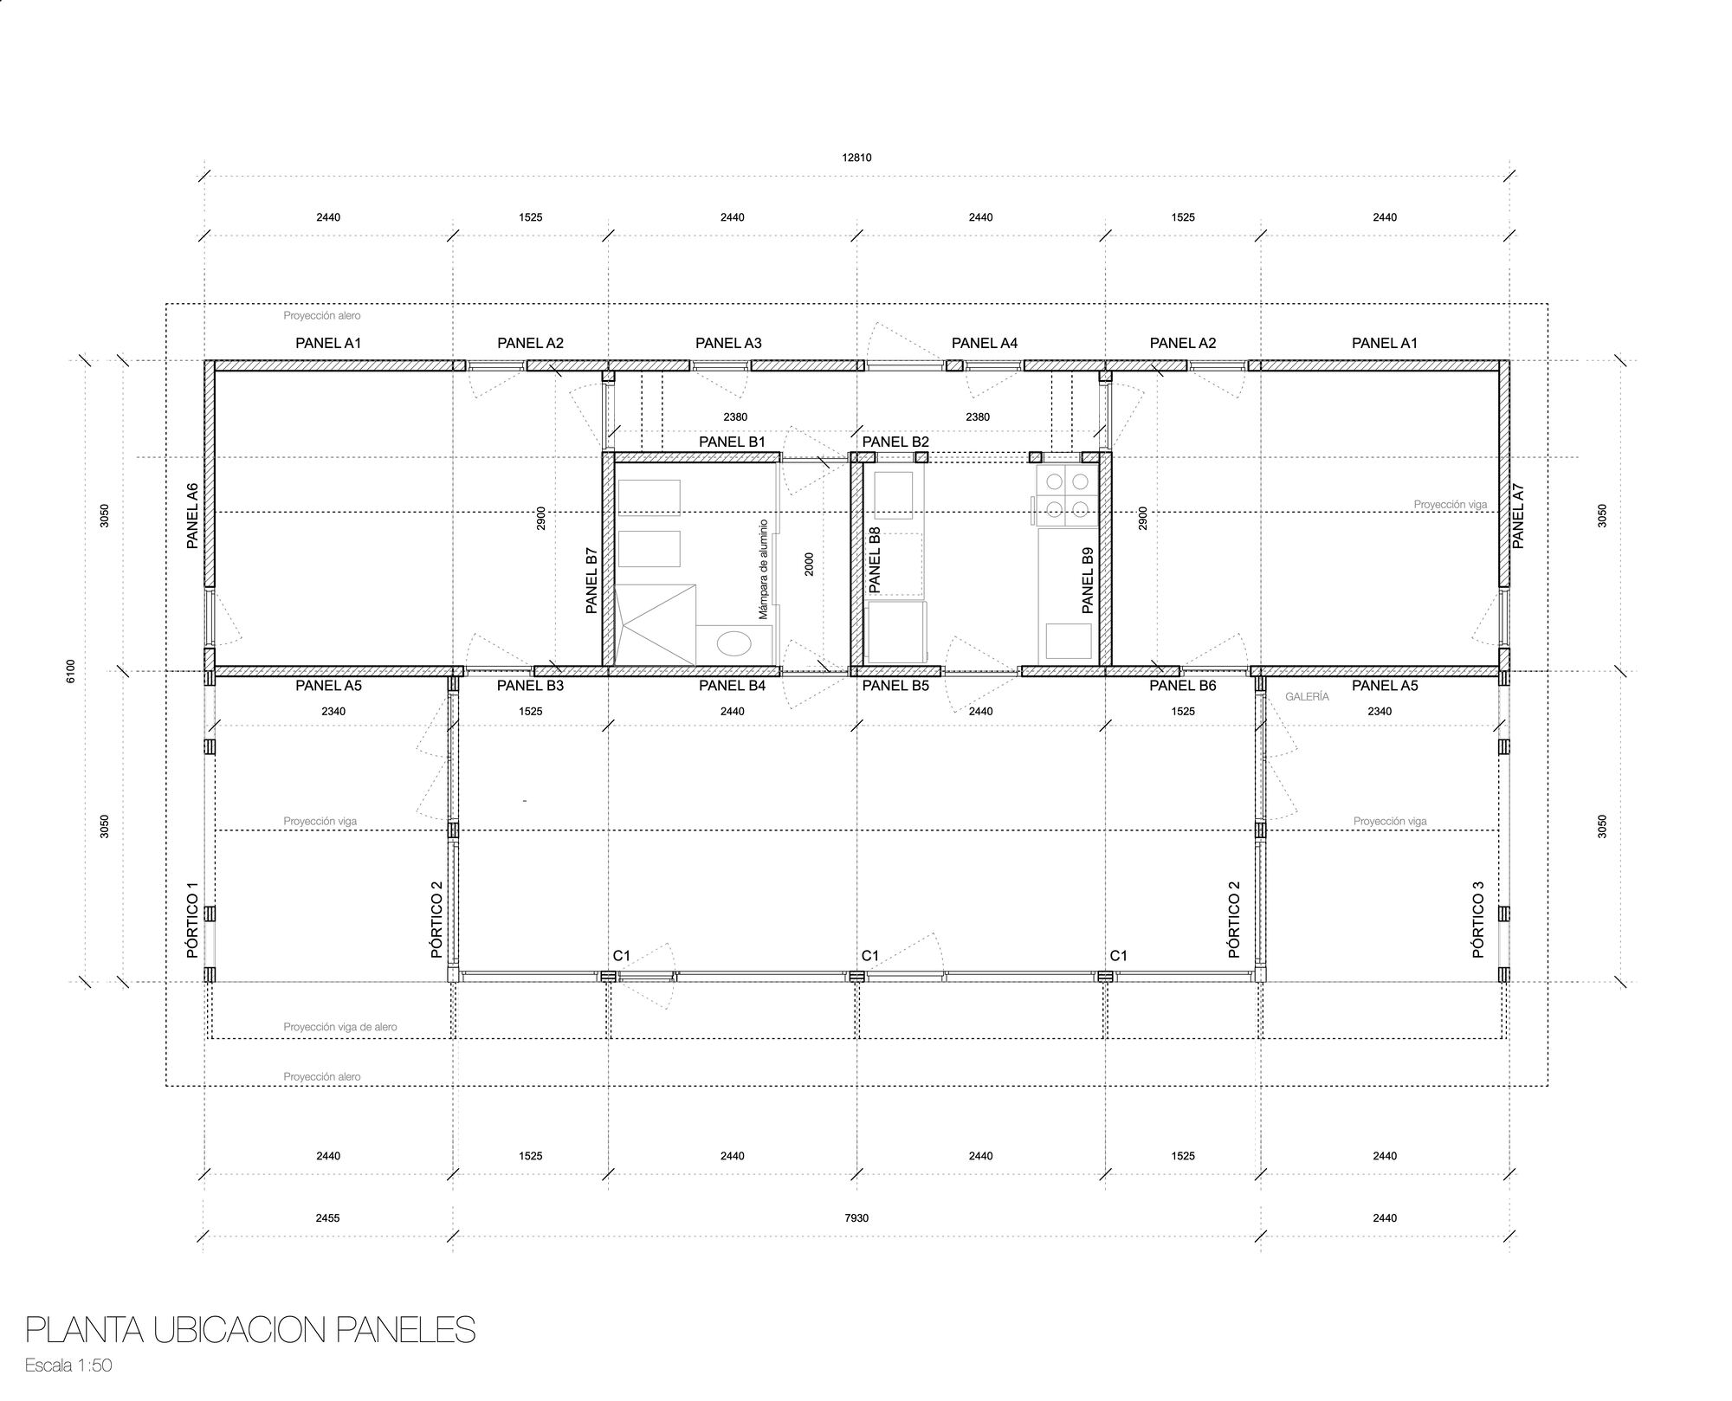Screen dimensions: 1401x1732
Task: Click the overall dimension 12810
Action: [x=856, y=158]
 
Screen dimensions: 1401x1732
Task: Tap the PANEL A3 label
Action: [x=728, y=343]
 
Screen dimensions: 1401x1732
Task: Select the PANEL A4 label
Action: [x=984, y=343]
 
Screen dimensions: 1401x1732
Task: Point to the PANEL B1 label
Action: [x=732, y=442]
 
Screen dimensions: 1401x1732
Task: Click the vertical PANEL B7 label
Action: [x=592, y=580]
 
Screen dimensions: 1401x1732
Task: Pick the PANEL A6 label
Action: [x=193, y=515]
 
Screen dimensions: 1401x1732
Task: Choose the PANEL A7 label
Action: [x=1517, y=515]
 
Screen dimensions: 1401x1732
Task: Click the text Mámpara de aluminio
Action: [x=764, y=569]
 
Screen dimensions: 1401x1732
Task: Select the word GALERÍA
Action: [x=1307, y=696]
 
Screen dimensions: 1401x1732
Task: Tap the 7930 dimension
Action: [x=856, y=1217]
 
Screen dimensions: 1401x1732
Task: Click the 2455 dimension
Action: [x=327, y=1217]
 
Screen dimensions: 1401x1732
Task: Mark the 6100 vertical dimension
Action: [x=71, y=671]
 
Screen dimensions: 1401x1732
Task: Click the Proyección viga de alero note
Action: [x=339, y=1027]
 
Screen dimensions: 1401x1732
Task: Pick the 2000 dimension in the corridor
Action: [x=809, y=565]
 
